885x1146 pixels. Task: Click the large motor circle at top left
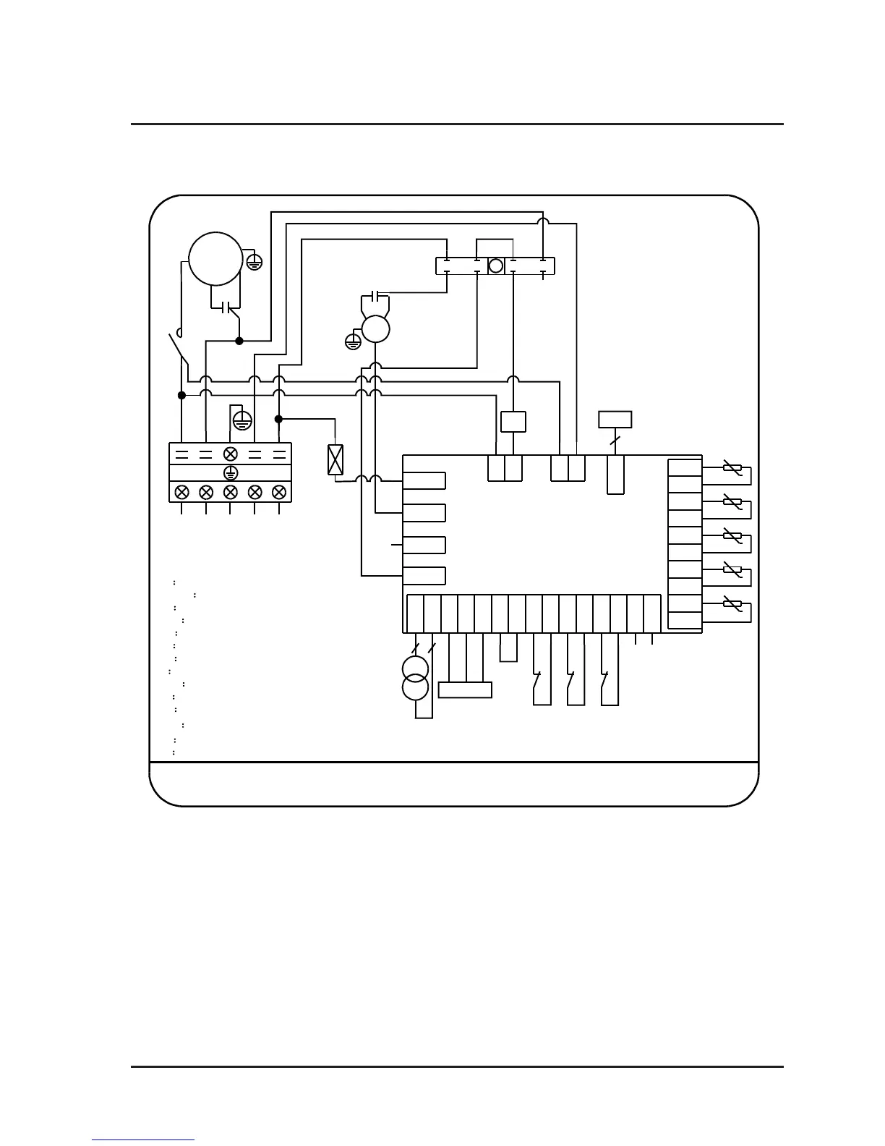215,258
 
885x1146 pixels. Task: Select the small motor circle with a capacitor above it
375,329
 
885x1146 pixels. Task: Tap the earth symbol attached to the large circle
254,262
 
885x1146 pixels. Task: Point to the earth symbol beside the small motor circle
353,341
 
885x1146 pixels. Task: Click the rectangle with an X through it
335,460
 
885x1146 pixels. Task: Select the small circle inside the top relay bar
495,266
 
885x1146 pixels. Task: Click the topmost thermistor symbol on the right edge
732,469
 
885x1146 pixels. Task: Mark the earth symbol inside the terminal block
230,473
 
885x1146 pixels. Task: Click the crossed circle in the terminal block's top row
230,454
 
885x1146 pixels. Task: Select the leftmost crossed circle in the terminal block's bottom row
182,492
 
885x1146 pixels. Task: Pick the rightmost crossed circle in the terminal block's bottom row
278,492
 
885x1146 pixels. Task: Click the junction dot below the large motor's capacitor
239,341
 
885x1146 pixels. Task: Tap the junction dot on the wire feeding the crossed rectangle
278,419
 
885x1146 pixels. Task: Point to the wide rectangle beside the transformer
465,690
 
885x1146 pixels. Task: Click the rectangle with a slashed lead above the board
615,420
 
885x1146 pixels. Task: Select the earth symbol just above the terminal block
242,419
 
